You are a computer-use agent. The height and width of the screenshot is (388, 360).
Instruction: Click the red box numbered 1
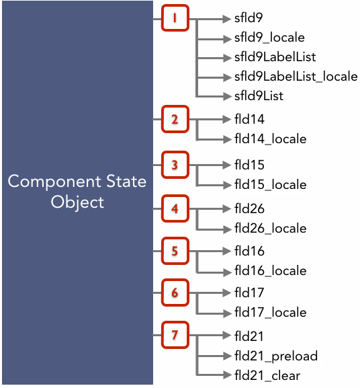tap(175, 18)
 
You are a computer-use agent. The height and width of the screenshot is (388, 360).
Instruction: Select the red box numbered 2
tap(175, 119)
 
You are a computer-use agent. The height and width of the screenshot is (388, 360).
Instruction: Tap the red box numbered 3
tap(175, 165)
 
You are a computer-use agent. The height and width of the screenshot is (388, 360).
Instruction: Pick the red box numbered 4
tap(175, 208)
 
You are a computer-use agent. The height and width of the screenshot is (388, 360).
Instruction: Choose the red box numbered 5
tap(175, 251)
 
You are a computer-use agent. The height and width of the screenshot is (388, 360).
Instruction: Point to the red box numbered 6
tap(175, 293)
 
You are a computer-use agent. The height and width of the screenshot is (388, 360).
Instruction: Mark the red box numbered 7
tap(175, 335)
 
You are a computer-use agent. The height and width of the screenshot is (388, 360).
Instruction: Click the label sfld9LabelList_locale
tap(296, 77)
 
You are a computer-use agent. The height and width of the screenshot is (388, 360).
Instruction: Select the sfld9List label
tap(259, 95)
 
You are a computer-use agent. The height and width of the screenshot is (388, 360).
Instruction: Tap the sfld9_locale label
tap(269, 38)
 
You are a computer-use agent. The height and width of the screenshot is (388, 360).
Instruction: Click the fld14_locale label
tap(270, 139)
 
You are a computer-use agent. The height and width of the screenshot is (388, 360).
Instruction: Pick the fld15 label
tap(249, 165)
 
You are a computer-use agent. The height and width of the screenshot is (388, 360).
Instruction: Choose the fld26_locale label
tap(270, 229)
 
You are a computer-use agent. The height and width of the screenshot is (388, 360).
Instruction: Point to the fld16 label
tap(249, 251)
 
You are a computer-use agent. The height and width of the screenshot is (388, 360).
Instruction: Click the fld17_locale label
tap(270, 313)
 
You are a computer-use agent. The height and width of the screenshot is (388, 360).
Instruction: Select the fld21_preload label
tap(276, 357)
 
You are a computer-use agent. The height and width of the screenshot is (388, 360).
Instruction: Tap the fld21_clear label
tap(267, 376)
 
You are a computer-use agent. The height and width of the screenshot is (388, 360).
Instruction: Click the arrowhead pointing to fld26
tap(226, 208)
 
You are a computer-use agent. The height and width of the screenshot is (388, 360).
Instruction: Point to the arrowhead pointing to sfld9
tap(226, 19)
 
